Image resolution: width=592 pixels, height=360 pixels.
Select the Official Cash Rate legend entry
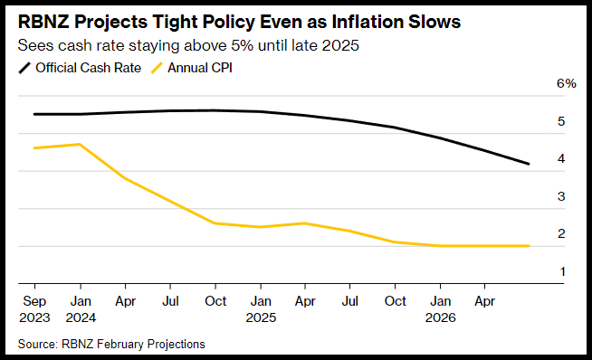pos(80,68)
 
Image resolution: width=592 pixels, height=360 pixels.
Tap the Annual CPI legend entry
pos(191,68)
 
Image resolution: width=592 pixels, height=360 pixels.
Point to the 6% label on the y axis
pos(567,83)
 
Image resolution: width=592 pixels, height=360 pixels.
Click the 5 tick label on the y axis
pos(561,121)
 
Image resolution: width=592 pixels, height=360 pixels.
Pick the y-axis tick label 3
pos(561,196)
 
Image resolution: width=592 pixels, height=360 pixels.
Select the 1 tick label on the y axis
pos(562,271)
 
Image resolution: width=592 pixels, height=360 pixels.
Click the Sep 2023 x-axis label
pos(34,309)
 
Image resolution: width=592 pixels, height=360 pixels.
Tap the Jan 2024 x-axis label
pos(81,309)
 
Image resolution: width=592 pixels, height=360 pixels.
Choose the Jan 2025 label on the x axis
pos(261,309)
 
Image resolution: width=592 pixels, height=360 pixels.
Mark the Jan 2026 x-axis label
pos(441,309)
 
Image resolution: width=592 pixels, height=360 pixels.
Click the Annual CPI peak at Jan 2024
pos(80,144)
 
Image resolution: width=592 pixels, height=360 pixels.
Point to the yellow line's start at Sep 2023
pos(34,148)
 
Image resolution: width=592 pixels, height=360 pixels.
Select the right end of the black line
pos(529,164)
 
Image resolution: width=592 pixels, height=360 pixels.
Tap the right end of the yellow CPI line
pos(529,246)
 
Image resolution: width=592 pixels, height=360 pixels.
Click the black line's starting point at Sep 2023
pos(34,114)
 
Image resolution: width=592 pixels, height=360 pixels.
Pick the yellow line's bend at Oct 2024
pos(215,223)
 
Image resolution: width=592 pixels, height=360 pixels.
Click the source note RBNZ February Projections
pos(111,344)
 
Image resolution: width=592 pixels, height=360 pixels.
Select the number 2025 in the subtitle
pos(340,45)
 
